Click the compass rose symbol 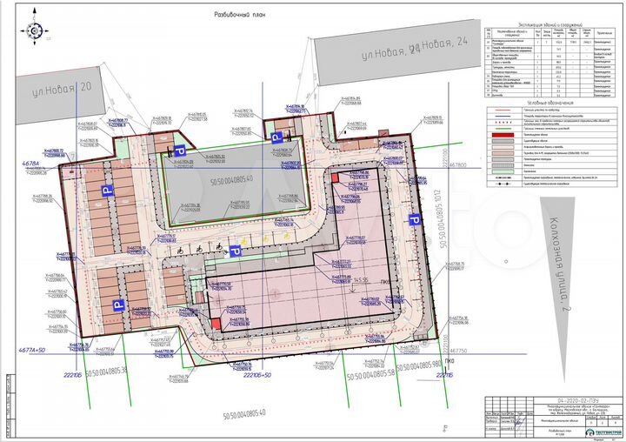pyautogui.click(x=34, y=31)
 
